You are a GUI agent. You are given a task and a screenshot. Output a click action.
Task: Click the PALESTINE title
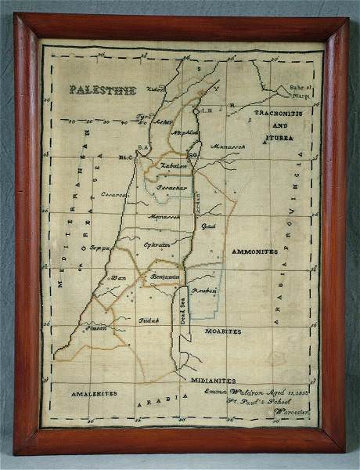(x=103, y=90)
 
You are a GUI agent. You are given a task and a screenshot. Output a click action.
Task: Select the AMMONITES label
(x=254, y=252)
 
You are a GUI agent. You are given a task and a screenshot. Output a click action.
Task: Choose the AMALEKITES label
(x=92, y=393)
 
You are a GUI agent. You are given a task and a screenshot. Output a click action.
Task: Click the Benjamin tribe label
(x=165, y=277)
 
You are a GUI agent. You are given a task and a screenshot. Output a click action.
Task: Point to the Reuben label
(x=206, y=290)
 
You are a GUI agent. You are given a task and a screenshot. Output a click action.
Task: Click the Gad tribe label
(x=208, y=226)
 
